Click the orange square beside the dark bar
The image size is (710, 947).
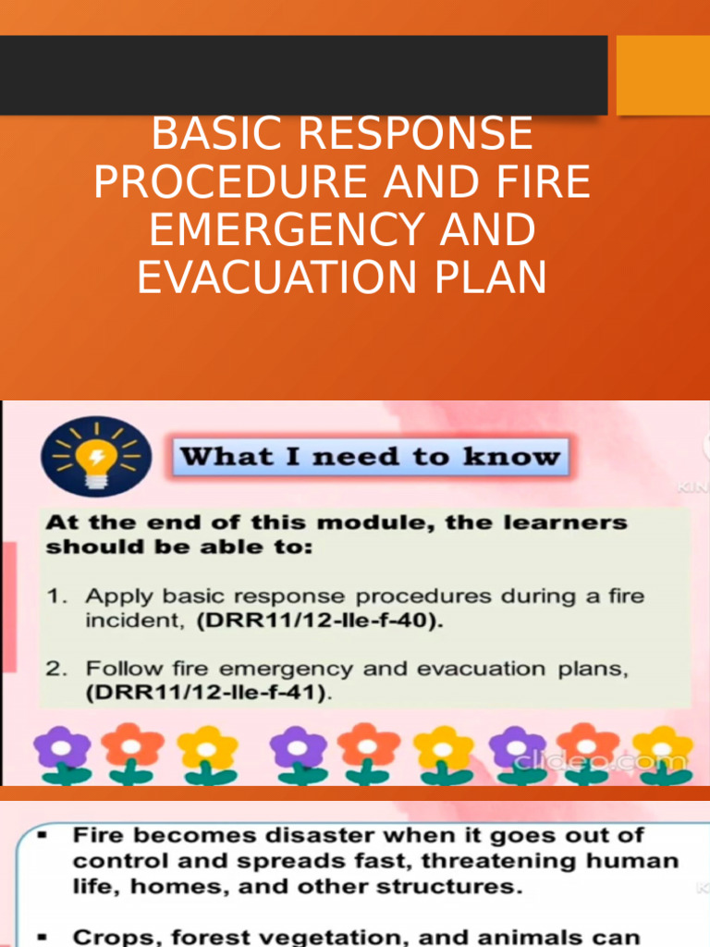663,75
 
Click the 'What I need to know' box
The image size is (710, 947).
370,457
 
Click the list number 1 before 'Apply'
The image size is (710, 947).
55,596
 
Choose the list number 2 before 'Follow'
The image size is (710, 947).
55,669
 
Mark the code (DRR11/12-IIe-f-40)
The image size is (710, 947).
320,621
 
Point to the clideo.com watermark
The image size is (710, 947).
600,761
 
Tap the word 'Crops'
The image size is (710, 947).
115,936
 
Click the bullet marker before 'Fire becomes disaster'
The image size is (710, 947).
43,836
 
